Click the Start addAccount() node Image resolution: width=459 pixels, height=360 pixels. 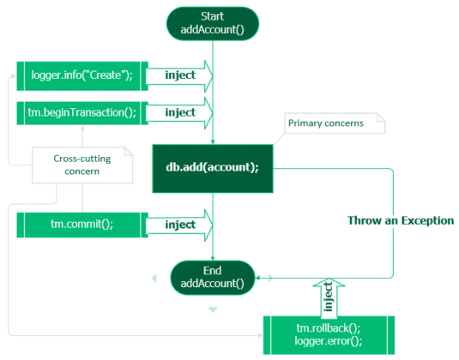pyautogui.click(x=213, y=23)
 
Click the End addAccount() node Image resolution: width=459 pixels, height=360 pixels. pyautogui.click(x=213, y=276)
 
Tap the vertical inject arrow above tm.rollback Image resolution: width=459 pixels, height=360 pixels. pyautogui.click(x=327, y=297)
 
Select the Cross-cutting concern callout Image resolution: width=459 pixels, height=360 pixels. pyautogui.click(x=82, y=164)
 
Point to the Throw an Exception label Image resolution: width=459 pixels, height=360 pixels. pyautogui.click(x=400, y=220)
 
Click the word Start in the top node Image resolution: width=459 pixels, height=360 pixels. pyautogui.click(x=213, y=16)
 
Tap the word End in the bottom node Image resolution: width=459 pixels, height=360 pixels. pyautogui.click(x=213, y=269)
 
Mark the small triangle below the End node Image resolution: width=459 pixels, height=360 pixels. pyautogui.click(x=213, y=309)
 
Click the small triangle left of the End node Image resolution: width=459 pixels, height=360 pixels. pyautogui.click(x=154, y=277)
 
